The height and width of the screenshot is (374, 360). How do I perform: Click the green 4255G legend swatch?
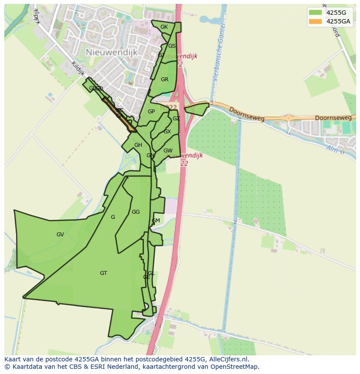click(315, 13)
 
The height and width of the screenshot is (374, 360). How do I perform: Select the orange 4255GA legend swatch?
click(315, 22)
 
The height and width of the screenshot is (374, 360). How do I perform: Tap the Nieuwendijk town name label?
click(111, 52)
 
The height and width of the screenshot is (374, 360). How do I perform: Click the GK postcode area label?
click(164, 27)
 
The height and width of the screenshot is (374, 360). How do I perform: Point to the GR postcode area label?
click(164, 79)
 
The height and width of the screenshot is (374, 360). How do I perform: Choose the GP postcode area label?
click(151, 112)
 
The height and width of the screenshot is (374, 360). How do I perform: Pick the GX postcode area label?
click(167, 132)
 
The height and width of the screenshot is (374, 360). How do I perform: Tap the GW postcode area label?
click(168, 151)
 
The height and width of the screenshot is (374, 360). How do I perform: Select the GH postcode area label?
click(138, 145)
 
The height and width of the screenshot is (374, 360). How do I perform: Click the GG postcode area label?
click(136, 212)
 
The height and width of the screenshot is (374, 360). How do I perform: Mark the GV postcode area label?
click(60, 235)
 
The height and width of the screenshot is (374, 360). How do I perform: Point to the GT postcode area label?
click(103, 273)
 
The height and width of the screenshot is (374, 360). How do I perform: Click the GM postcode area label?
click(156, 221)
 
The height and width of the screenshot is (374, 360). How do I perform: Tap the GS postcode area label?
click(172, 46)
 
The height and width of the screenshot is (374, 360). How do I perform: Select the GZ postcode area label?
click(176, 119)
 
